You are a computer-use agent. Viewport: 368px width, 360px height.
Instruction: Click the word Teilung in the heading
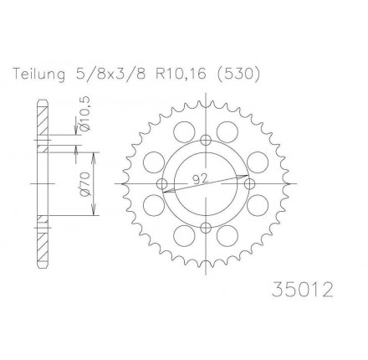coord(39,75)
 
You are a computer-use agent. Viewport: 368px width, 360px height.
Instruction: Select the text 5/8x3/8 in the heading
coord(110,75)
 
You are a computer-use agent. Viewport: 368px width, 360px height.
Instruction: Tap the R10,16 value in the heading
coord(180,75)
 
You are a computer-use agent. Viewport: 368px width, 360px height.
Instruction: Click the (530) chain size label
coord(238,75)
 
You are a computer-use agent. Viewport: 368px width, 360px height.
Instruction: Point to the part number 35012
coord(303,290)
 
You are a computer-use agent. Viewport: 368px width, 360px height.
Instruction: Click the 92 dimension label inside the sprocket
coord(200,179)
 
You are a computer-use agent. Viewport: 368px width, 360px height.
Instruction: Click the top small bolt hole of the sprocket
coord(206,140)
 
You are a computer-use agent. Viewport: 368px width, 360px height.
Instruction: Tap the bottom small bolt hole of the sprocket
coord(206,228)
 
